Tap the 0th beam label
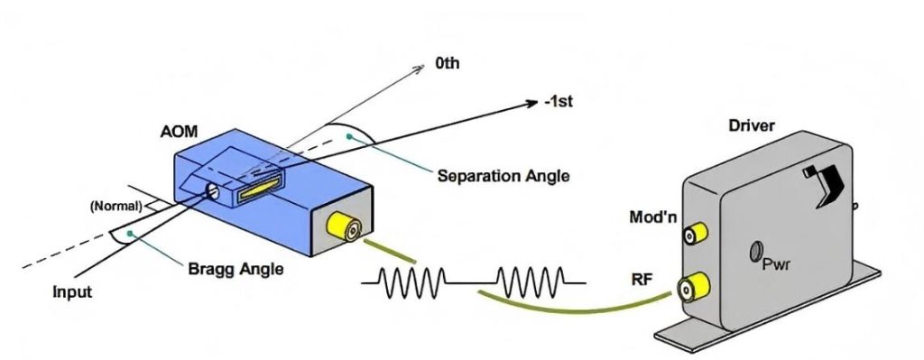pos(448,65)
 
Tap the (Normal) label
pos(115,207)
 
